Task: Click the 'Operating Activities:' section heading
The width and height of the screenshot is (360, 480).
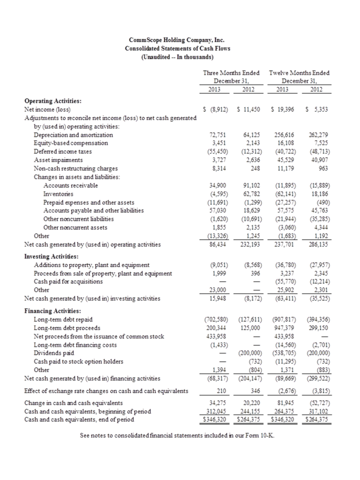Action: pyautogui.click(x=53, y=102)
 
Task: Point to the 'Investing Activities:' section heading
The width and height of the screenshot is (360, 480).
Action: pyautogui.click(x=52, y=254)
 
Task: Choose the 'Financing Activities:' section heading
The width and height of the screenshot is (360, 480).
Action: pyautogui.click(x=53, y=311)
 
